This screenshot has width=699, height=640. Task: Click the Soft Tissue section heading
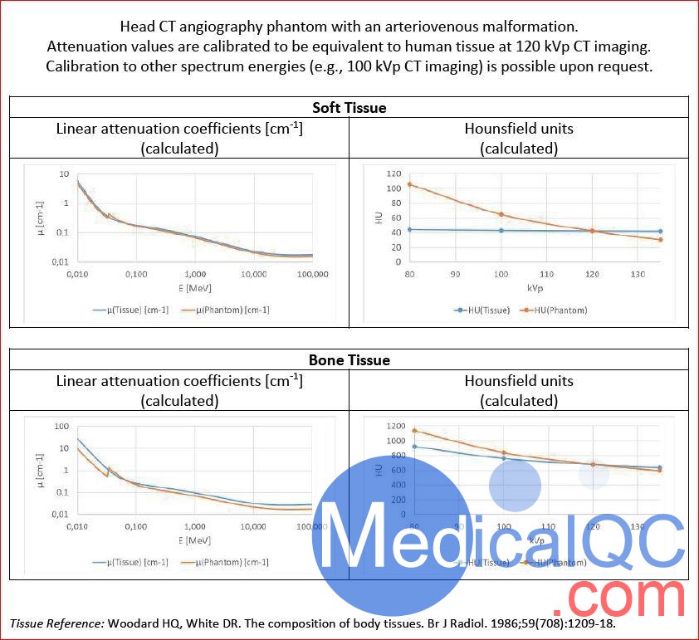pyautogui.click(x=349, y=107)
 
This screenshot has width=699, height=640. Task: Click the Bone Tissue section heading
pyautogui.click(x=349, y=360)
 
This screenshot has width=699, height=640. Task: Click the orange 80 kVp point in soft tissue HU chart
pyautogui.click(x=409, y=184)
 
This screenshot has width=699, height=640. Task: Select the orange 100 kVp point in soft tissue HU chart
pyautogui.click(x=501, y=214)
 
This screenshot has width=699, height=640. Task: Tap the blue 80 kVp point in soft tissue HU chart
pyautogui.click(x=409, y=229)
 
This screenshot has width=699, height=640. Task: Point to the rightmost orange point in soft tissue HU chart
pyautogui.click(x=660, y=240)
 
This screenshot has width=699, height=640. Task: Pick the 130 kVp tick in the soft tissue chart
pyautogui.click(x=638, y=273)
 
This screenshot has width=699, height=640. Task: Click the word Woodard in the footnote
pyautogui.click(x=133, y=623)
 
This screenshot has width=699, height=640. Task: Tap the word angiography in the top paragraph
pyautogui.click(x=238, y=28)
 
